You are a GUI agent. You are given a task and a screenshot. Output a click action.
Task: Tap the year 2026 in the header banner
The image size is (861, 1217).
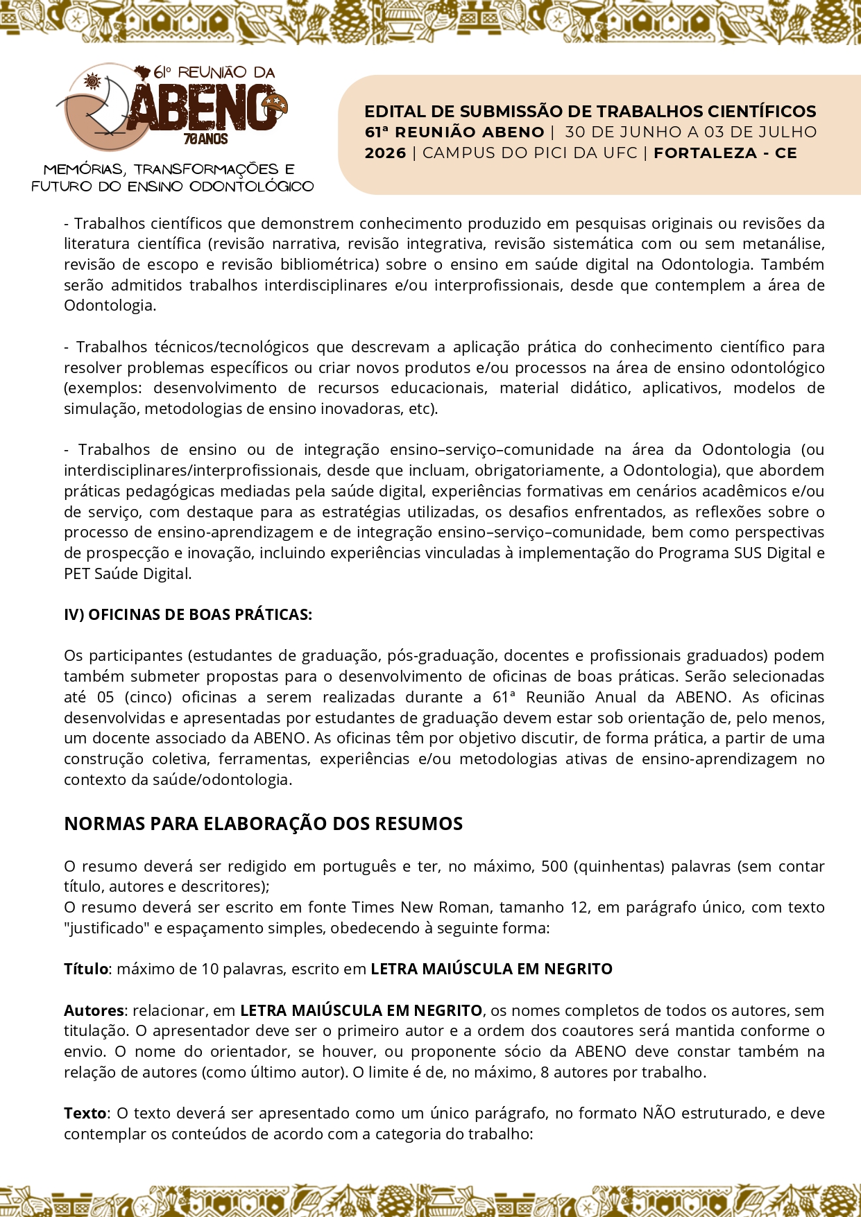pyautogui.click(x=385, y=153)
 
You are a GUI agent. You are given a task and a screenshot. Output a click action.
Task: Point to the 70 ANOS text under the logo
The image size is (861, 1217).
pyautogui.click(x=206, y=139)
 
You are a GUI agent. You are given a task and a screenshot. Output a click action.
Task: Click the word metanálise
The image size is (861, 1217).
pyautogui.click(x=783, y=244)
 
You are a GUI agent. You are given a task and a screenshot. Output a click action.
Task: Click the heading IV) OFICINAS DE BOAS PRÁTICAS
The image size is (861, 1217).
pyautogui.click(x=188, y=615)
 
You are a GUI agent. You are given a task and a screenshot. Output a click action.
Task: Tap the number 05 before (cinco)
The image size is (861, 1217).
pyautogui.click(x=105, y=698)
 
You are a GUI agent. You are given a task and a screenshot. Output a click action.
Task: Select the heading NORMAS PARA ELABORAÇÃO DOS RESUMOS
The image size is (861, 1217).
pyautogui.click(x=263, y=824)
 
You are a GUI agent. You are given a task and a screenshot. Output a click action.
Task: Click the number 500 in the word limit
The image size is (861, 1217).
pyautogui.click(x=554, y=867)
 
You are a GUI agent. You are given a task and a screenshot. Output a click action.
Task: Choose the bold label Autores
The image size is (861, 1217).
pyautogui.click(x=94, y=1010)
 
